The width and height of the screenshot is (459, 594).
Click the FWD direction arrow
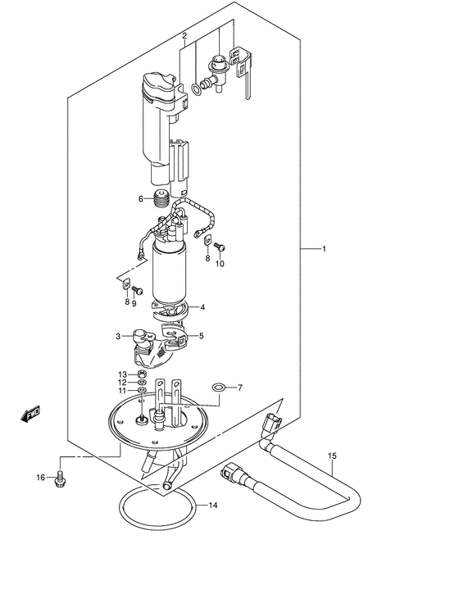click(x=30, y=414)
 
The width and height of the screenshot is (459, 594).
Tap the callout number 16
click(x=40, y=478)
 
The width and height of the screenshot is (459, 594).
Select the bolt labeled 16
click(x=60, y=478)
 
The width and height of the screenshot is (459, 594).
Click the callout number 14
click(x=213, y=505)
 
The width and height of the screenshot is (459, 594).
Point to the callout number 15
click(x=332, y=456)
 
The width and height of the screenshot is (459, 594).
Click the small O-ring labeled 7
click(x=218, y=388)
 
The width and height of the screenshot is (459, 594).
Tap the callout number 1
click(x=324, y=249)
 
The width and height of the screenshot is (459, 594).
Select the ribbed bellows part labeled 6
click(x=161, y=198)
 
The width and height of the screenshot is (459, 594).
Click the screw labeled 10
click(x=220, y=247)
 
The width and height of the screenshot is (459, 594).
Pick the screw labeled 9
click(x=137, y=290)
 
